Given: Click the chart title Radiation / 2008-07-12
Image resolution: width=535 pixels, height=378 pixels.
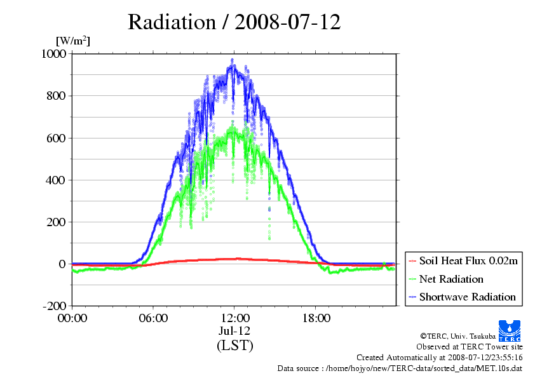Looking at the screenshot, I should click(234, 22).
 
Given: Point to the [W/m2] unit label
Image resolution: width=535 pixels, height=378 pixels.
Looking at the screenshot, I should click(73, 41).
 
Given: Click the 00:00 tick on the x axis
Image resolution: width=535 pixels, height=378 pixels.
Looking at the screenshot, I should click(72, 318).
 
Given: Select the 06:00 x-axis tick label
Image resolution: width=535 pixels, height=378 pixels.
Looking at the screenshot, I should click(153, 318).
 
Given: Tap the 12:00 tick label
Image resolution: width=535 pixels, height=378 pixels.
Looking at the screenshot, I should click(234, 318).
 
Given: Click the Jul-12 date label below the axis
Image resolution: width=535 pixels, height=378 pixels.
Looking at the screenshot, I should click(234, 331).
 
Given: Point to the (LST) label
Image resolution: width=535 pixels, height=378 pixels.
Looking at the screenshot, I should click(234, 346).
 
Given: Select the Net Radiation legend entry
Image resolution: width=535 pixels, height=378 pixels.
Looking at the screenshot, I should click(451, 279).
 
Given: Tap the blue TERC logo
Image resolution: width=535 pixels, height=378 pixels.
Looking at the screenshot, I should click(510, 327).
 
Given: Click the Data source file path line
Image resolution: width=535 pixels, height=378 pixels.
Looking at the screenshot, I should click(400, 368).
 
